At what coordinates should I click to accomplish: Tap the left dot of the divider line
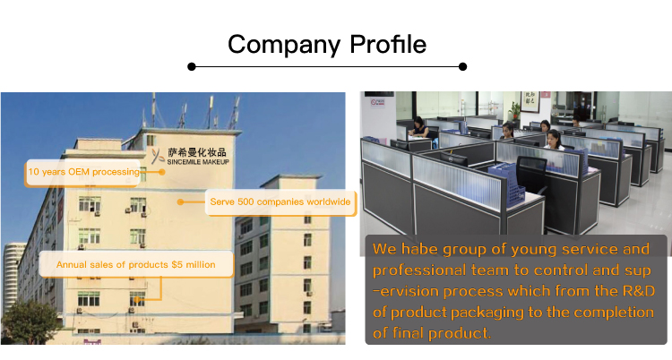pos(192,66)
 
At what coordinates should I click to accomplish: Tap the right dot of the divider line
pos(462,66)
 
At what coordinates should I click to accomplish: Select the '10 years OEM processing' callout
pos(83,172)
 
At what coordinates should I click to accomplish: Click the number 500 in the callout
pos(246,202)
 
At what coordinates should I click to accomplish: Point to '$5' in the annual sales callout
pos(177,265)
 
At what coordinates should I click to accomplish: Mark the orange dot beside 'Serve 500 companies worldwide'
pos(180,201)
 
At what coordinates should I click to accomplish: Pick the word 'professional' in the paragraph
pos(418,270)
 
